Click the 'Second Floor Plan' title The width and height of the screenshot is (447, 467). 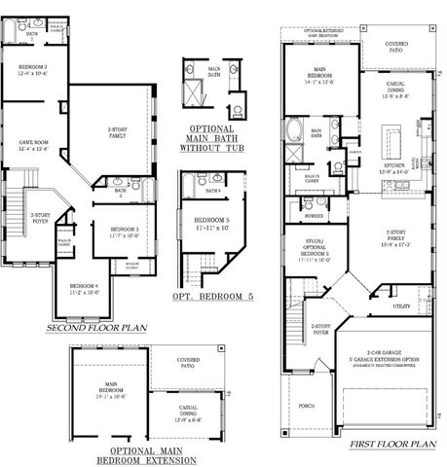[96, 329]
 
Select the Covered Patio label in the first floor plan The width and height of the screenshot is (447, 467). [396, 45]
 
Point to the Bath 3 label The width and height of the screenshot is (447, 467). [118, 192]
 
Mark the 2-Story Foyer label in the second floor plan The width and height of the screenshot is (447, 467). [38, 218]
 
